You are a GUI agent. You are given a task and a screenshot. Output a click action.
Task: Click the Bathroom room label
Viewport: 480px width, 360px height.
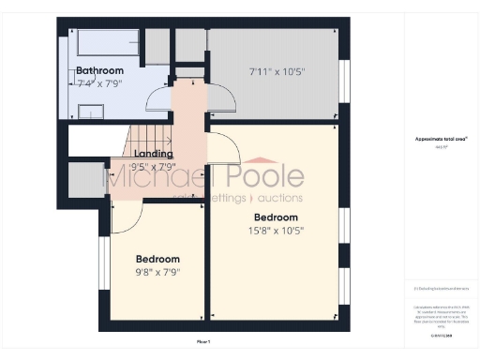pyautogui.click(x=99, y=70)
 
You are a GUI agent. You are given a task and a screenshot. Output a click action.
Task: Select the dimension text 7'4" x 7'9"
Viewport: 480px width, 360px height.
pyautogui.click(x=99, y=83)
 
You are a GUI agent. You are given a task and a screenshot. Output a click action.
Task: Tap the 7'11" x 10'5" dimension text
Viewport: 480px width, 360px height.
pyautogui.click(x=277, y=71)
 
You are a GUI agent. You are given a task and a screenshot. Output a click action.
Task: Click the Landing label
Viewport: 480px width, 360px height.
pyautogui.click(x=153, y=153)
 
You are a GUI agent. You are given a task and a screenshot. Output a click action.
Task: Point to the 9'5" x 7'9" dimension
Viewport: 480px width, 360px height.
pyautogui.click(x=153, y=166)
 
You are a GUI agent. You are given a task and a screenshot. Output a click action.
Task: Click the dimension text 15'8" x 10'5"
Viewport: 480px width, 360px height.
pyautogui.click(x=276, y=230)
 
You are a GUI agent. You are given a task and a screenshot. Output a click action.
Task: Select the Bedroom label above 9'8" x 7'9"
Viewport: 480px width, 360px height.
pyautogui.click(x=157, y=259)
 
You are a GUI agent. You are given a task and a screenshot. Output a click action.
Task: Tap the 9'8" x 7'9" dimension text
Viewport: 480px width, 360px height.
pyautogui.click(x=157, y=273)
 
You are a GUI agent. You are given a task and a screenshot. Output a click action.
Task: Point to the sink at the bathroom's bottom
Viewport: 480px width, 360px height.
pyautogui.click(x=91, y=112)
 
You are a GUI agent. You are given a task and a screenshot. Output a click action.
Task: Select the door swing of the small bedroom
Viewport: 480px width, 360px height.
pyautogui.click(x=127, y=217)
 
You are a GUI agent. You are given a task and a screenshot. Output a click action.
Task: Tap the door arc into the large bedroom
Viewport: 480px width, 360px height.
pyautogui.click(x=225, y=148)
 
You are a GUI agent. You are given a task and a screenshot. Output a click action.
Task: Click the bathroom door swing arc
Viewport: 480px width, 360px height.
pyautogui.click(x=194, y=94)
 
